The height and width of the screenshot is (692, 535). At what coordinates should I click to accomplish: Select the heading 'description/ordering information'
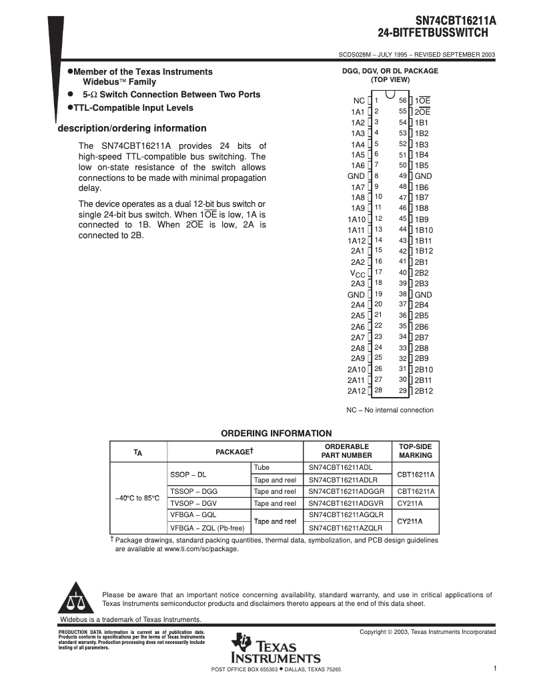pyautogui.click(x=132, y=128)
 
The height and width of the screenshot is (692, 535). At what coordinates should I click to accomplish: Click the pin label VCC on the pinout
pyautogui.click(x=358, y=273)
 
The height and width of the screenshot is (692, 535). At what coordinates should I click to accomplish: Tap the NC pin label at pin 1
pyautogui.click(x=359, y=101)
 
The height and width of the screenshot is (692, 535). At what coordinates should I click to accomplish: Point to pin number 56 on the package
pyautogui.click(x=403, y=100)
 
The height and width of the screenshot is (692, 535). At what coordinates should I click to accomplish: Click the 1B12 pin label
pyautogui.click(x=424, y=251)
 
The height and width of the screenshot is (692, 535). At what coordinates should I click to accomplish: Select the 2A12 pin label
pyautogui.click(x=356, y=391)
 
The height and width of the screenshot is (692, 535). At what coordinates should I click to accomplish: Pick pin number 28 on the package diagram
pyautogui.click(x=378, y=390)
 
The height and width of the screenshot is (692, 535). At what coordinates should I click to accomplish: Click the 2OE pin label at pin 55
pyautogui.click(x=422, y=112)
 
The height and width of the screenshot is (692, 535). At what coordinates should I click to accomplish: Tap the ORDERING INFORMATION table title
pyautogui.click(x=276, y=433)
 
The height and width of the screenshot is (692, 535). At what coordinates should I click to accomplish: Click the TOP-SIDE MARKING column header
pyautogui.click(x=416, y=450)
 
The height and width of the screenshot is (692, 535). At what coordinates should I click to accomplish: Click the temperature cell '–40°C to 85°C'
pyautogui.click(x=137, y=497)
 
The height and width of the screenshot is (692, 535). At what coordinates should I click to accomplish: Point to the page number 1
pyautogui.click(x=496, y=668)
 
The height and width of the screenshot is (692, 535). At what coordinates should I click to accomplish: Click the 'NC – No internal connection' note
pyautogui.click(x=390, y=410)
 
